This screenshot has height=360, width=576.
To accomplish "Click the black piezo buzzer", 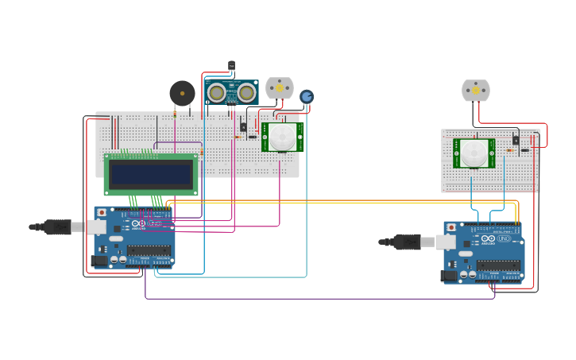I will tap(182, 94).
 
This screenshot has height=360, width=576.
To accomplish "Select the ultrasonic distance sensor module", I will tap(231, 93).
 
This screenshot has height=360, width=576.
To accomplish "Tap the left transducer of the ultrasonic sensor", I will tap(216, 94).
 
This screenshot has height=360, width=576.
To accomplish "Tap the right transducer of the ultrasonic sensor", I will tap(246, 94).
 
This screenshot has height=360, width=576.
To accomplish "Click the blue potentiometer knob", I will tap(307, 96).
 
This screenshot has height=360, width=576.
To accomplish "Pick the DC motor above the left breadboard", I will tap(279, 87).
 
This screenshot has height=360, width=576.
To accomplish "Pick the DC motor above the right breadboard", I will tap(476, 91).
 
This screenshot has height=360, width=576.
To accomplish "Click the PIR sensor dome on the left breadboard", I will tap(280, 137).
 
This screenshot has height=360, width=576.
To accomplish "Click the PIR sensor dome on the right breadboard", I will tap(474, 153).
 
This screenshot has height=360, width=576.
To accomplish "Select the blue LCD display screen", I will tap(151, 175).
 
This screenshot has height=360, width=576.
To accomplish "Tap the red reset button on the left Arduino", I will tap(101, 213).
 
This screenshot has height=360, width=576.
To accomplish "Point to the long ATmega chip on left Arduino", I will tap(149, 250).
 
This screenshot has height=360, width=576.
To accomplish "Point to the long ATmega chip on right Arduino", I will tap(499, 265).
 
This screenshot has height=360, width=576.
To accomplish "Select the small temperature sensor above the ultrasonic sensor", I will tap(232, 65).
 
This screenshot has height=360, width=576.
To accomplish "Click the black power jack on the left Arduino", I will tap(99, 260).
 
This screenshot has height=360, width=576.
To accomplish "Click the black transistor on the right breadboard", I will tap(516, 140).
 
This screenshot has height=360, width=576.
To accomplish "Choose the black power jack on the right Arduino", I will tap(448, 275).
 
